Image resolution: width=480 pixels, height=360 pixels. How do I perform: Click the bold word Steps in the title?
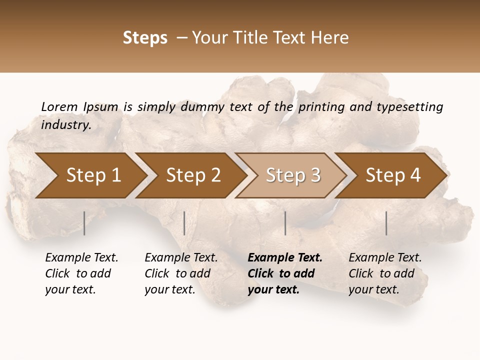click(x=145, y=38)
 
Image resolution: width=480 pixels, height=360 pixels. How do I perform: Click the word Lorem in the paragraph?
click(x=59, y=106)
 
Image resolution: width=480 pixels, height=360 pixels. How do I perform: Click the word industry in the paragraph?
click(x=65, y=124)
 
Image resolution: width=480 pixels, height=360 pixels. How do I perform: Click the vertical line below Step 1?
click(x=84, y=223)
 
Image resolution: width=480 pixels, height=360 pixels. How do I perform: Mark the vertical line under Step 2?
click(x=184, y=223)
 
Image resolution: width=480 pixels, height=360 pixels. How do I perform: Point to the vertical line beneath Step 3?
click(x=285, y=223)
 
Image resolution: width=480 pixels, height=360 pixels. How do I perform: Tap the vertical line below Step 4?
click(x=386, y=223)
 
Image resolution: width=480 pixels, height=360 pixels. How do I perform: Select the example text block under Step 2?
click(x=180, y=273)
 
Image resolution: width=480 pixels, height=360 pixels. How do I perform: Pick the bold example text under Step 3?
click(x=284, y=273)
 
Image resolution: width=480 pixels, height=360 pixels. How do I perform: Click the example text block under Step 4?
click(x=384, y=273)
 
